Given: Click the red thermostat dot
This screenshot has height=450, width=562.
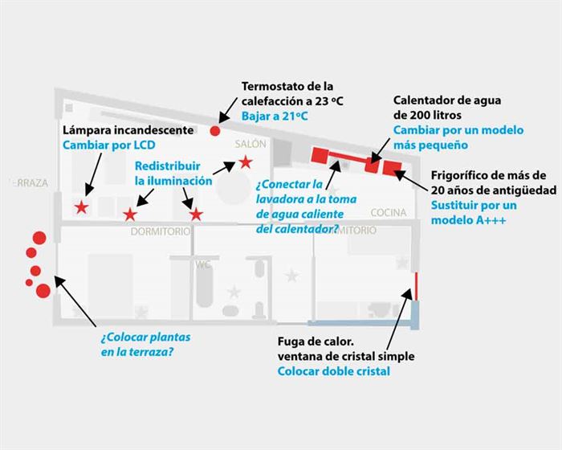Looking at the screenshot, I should coord(215,130).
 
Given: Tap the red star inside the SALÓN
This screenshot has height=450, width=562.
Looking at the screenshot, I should coord(245,162).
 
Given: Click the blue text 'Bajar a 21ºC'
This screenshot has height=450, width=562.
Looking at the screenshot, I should coord(274,116).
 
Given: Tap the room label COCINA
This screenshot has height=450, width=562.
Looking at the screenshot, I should coord(389,213).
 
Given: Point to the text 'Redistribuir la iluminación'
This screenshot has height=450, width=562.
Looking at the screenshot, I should coord(173,173).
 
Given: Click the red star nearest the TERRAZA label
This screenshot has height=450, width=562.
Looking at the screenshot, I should coord(81,208).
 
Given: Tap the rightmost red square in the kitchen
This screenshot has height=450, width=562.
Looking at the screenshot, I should coord(392,167).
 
